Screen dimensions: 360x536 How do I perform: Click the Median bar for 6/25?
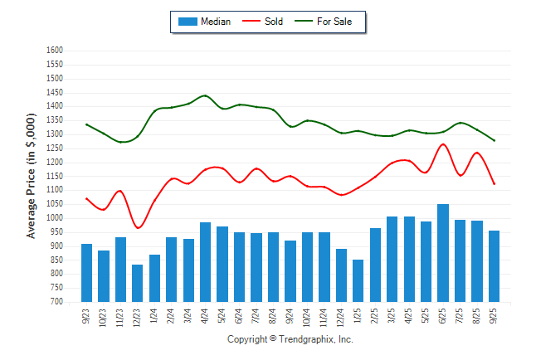click(443, 253)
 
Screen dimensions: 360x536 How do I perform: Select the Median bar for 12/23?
click(137, 283)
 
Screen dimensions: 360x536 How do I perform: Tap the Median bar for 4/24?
click(205, 262)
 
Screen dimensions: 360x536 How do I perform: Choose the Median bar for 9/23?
click(86, 273)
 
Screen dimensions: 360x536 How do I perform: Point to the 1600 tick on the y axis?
click(55, 51)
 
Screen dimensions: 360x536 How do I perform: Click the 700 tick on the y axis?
click(57, 302)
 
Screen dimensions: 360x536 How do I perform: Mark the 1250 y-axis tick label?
click(55, 148)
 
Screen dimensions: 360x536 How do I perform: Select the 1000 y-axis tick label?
click(55, 218)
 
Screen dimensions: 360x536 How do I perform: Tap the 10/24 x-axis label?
click(307, 317)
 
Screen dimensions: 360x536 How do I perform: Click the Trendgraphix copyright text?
click(290, 339)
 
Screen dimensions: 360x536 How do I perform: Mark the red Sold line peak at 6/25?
click(443, 144)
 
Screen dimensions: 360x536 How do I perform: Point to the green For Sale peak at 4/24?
click(205, 95)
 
